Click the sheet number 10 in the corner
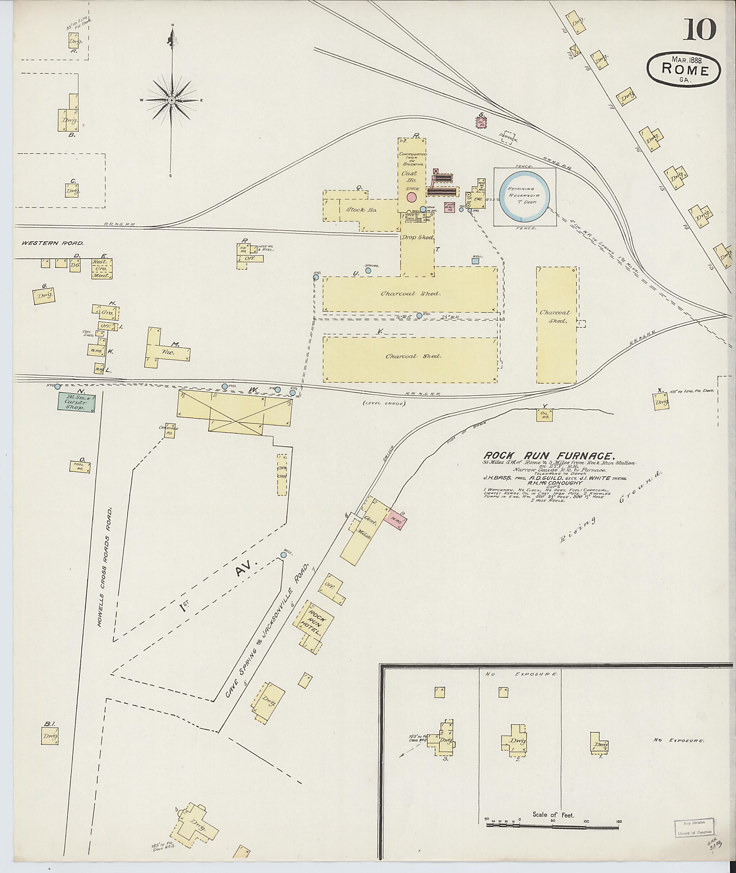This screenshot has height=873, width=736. coord(699,31)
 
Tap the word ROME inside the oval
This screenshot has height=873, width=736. coord(684,70)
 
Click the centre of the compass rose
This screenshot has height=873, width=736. coord(171,101)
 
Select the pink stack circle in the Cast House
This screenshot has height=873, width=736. coord(412,197)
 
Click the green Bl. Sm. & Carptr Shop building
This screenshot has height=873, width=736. coord(76,402)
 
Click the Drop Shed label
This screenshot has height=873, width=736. coord(417,237)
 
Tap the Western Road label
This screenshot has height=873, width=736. coord(53,243)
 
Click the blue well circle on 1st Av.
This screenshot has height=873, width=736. coord(284,555)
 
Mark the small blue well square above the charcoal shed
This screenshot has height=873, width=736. coord(475,261)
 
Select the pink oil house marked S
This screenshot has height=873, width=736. coord(482,122)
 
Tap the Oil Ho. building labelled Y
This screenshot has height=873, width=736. coord(544,415)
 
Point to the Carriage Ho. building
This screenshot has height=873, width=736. coord(169,433)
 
